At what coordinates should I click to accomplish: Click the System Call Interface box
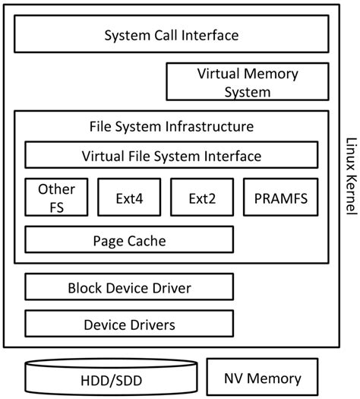click(x=171, y=35)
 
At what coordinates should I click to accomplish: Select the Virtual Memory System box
click(x=248, y=83)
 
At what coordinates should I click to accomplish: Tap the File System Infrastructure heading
click(x=171, y=125)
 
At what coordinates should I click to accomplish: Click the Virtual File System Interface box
click(x=171, y=156)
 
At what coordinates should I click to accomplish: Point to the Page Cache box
click(x=129, y=241)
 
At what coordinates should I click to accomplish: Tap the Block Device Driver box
click(x=129, y=288)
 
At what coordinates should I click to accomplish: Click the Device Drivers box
click(x=129, y=325)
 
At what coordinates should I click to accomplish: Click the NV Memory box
click(x=264, y=378)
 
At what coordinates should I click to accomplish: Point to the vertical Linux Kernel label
click(x=349, y=171)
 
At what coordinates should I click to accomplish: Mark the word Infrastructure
click(x=214, y=125)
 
